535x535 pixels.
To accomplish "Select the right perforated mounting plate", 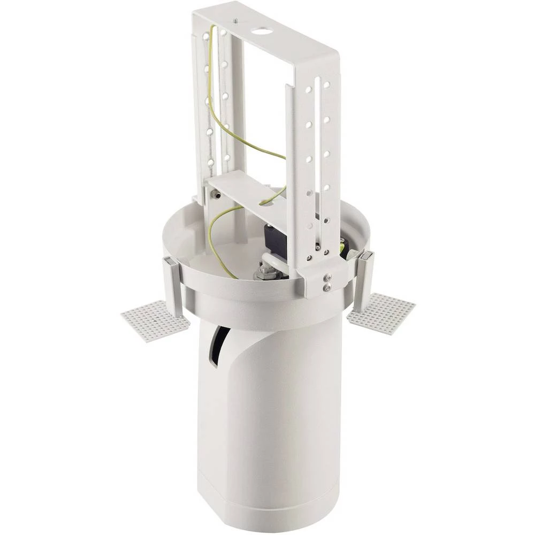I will click(381, 313).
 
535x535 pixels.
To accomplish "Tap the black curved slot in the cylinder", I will click(217, 347).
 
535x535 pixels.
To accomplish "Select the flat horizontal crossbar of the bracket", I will click(251, 193).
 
